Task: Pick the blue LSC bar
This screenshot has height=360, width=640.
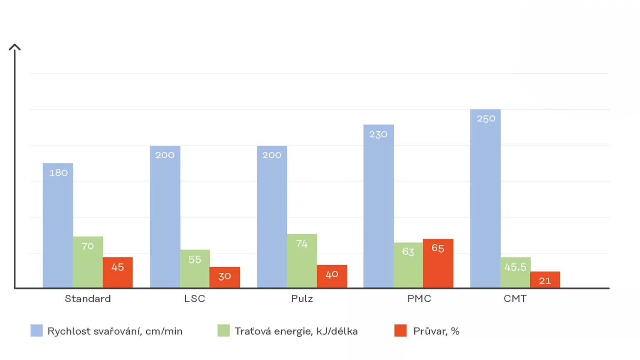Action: tap(165, 217)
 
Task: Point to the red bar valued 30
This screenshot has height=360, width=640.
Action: tap(224, 277)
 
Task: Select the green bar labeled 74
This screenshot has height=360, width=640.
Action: tap(302, 261)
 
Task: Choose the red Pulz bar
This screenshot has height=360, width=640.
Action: tap(332, 276)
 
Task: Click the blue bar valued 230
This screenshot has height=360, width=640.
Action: tap(379, 206)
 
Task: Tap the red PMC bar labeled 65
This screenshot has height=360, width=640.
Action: tap(438, 263)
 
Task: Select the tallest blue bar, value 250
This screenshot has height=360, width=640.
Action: tap(485, 198)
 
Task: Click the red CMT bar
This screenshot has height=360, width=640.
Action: tap(545, 279)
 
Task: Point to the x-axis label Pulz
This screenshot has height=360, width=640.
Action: tap(302, 298)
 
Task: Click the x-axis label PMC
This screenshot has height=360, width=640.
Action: tap(419, 298)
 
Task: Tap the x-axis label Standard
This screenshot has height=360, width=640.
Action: tap(88, 298)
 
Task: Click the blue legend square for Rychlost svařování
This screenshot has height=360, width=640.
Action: tap(37, 330)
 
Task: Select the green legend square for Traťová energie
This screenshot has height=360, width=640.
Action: tap(224, 330)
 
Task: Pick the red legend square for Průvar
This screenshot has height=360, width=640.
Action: tap(401, 330)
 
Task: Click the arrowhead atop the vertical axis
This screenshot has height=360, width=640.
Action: tap(15, 47)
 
